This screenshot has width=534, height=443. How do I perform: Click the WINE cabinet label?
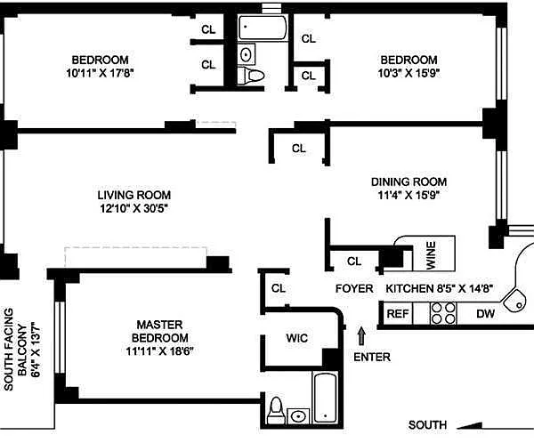pos(431,255)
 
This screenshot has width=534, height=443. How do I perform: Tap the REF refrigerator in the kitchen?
pos(398,314)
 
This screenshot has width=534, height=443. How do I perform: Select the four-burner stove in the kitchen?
pos(443,314)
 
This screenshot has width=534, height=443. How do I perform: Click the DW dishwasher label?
pos(485,314)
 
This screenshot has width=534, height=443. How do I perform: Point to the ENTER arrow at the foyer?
pos(361,336)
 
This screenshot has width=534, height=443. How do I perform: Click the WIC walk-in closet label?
pos(297,338)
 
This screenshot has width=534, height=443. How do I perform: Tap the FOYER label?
pos(354,289)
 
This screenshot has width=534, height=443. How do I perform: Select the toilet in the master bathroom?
pos(275,411)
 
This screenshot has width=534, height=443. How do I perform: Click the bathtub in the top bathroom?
pos(263,28)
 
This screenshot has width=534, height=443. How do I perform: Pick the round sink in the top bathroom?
pos(247,54)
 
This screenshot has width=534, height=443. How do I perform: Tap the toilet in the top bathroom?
pos(251,76)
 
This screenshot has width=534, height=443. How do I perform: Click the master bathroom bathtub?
pos(325,398)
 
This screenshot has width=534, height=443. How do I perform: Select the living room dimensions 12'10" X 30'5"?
pos(134,208)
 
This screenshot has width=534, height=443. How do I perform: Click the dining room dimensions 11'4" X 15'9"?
pos(409,195)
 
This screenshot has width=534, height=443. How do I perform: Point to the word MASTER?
pos(159,325)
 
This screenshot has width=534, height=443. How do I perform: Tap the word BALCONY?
pos(22,350)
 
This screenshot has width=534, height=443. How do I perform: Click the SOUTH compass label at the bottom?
pos(427,425)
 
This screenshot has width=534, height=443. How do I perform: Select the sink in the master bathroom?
pos(299,416)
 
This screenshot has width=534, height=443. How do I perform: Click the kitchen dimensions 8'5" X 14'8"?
pos(465,289)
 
